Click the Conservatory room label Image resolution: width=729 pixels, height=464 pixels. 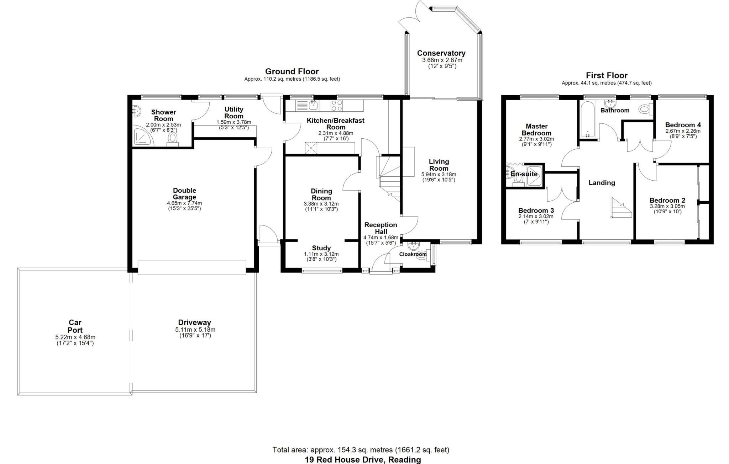click(441, 53)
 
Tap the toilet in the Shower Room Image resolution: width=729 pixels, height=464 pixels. click(173, 139)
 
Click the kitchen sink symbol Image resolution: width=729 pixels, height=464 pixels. click(313, 105)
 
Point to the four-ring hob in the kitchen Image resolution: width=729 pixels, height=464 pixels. click(337, 105)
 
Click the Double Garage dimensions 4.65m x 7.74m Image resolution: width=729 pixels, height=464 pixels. click(184, 203)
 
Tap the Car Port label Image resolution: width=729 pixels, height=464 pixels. click(75, 326)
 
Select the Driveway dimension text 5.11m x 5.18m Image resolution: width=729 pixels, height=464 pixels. click(195, 330)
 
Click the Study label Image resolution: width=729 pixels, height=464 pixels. click(321, 248)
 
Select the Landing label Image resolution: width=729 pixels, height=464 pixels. click(602, 183)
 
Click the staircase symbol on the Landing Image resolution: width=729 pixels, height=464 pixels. click(620, 208)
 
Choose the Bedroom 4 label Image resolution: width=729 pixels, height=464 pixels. click(683, 125)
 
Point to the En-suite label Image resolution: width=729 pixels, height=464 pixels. click(524, 174)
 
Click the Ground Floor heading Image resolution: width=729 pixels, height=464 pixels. click(292, 71)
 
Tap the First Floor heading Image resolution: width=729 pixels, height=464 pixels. click(607, 75)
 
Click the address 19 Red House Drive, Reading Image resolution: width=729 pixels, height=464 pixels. click(363, 460)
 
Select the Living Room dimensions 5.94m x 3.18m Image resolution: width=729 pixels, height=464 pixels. click(439, 175)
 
